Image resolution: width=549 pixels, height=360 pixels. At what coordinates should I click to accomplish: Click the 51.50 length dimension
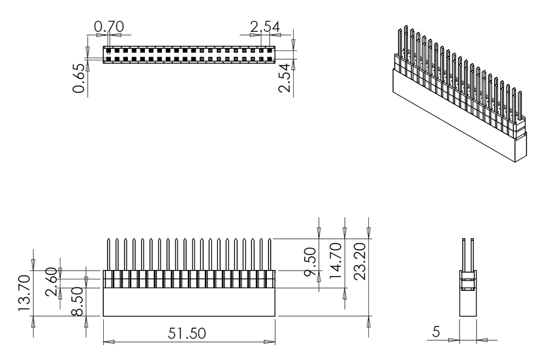pyautogui.click(x=187, y=333)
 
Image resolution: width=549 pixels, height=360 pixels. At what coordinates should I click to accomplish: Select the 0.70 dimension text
pyautogui.click(x=109, y=26)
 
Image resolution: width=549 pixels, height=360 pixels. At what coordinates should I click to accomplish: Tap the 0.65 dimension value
pyautogui.click(x=80, y=78)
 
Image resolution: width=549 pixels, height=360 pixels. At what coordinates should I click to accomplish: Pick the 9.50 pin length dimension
pyautogui.click(x=310, y=262)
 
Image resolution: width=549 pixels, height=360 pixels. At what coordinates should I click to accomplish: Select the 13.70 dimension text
pyautogui.click(x=24, y=294)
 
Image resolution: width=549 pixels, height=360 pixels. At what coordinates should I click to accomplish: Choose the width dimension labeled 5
pyautogui.click(x=436, y=331)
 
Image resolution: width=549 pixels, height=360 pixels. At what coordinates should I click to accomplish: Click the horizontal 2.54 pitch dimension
pyautogui.click(x=265, y=26)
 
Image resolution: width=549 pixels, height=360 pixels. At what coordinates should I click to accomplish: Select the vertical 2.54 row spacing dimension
pyautogui.click(x=284, y=77)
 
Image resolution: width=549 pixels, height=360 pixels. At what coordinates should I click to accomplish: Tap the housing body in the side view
pyautogui.click(x=467, y=303)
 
